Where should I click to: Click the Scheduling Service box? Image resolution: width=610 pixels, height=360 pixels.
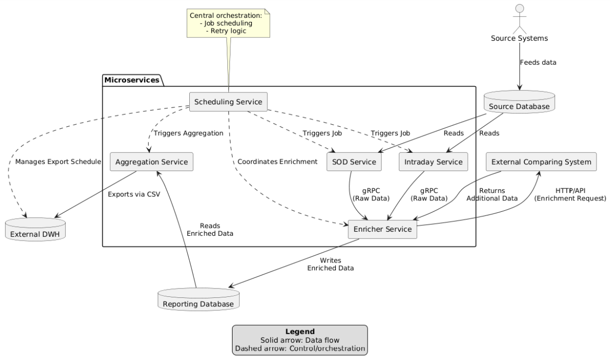(x=228, y=102)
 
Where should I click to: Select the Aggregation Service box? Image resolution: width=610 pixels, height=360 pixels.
(x=152, y=162)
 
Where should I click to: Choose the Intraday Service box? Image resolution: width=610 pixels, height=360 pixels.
(x=433, y=162)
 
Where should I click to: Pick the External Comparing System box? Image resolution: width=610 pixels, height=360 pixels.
(x=541, y=162)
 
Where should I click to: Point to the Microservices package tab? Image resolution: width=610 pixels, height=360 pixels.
(x=132, y=80)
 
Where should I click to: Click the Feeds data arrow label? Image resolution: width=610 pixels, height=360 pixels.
(x=538, y=62)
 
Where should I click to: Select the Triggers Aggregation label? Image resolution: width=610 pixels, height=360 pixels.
(x=188, y=133)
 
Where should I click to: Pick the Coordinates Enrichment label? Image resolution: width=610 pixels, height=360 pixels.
(x=277, y=162)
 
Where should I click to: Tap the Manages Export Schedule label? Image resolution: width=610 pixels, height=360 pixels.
(x=58, y=162)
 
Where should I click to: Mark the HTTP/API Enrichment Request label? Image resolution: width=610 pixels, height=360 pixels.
(x=570, y=195)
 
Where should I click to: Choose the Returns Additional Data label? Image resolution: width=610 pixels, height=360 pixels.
(x=492, y=195)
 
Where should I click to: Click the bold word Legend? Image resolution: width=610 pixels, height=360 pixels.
(x=299, y=331)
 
